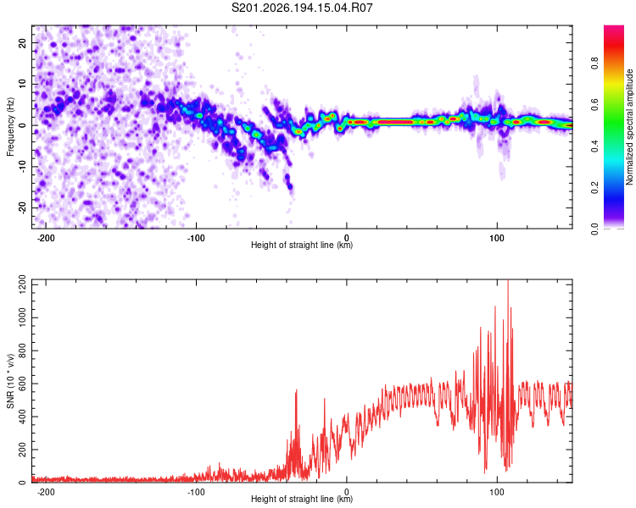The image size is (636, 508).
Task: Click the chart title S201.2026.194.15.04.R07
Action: (x=302, y=8)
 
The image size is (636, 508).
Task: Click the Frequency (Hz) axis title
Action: (x=10, y=127)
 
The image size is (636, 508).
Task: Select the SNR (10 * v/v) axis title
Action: (x=10, y=381)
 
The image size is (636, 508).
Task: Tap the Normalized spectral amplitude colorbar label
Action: (x=629, y=127)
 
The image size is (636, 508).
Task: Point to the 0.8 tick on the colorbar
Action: (x=594, y=63)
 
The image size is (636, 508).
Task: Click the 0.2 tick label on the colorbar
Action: (x=594, y=188)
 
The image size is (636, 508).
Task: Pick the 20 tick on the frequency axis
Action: (x=23, y=42)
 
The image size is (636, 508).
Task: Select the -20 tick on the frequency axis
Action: (x=23, y=207)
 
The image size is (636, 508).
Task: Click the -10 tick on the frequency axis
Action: (x=23, y=166)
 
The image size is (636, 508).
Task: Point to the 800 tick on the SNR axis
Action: (x=23, y=351)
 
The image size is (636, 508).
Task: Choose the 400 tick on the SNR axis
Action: (x=23, y=417)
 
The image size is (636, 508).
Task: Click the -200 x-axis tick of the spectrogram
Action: (x=46, y=238)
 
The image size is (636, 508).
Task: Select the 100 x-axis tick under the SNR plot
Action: (x=497, y=492)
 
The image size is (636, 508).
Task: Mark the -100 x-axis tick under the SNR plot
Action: (x=196, y=492)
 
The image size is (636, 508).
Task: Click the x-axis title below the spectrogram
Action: (x=302, y=245)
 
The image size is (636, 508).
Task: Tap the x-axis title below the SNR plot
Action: (x=302, y=499)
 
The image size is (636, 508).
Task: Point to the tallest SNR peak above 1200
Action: (x=508, y=281)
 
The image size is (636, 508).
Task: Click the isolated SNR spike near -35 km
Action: (x=296, y=390)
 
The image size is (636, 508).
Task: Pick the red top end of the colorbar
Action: (x=614, y=28)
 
